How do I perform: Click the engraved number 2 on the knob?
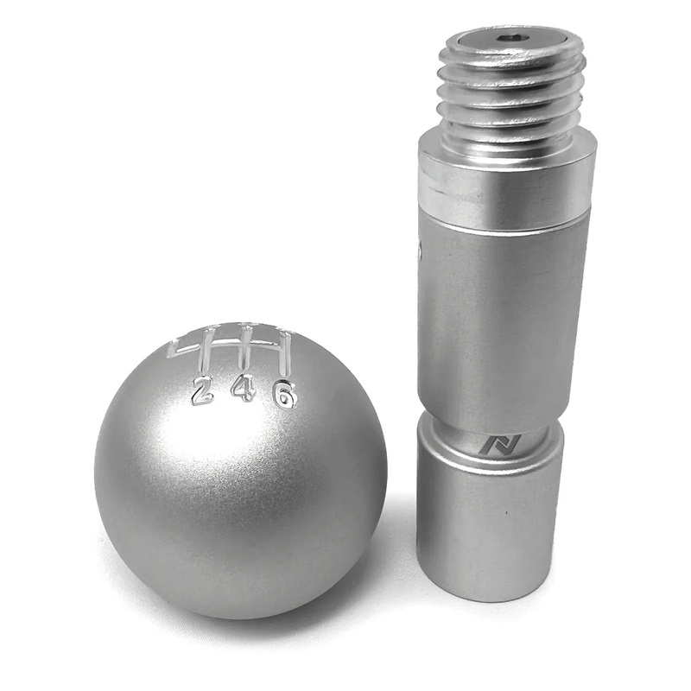(x=202, y=390)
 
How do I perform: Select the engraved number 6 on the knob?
(x=285, y=395)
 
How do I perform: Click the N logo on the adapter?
(x=500, y=444)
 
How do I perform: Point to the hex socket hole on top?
(x=512, y=38)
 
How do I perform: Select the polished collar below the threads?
(x=507, y=181)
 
